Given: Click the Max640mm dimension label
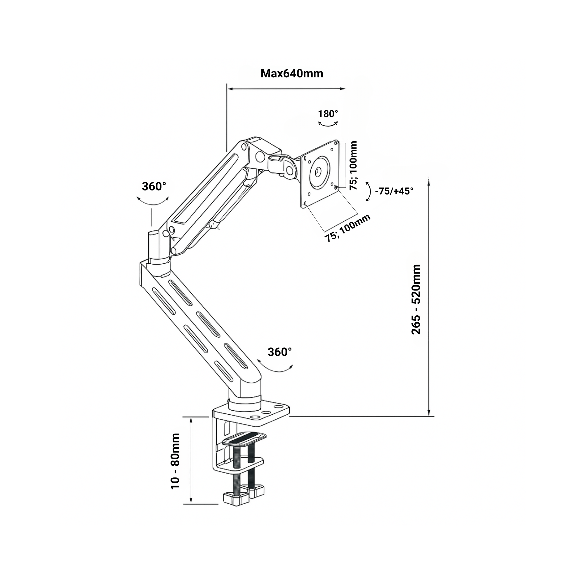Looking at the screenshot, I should (x=292, y=74).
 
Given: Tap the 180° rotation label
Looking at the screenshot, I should (x=328, y=114).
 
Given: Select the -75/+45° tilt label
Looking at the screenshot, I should (x=394, y=191).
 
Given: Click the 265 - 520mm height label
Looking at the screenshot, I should (x=416, y=299).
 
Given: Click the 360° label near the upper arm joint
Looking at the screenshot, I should (x=154, y=187).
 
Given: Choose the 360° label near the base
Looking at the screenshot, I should (x=280, y=352).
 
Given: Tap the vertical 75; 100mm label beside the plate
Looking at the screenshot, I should (x=353, y=165).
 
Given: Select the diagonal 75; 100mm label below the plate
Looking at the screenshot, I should (x=347, y=228).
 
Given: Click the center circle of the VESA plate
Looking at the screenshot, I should (x=318, y=172).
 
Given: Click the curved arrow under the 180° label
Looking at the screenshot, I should (x=328, y=124).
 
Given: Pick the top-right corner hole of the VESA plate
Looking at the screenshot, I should (x=336, y=142).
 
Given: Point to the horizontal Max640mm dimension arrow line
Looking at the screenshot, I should (x=286, y=88).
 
